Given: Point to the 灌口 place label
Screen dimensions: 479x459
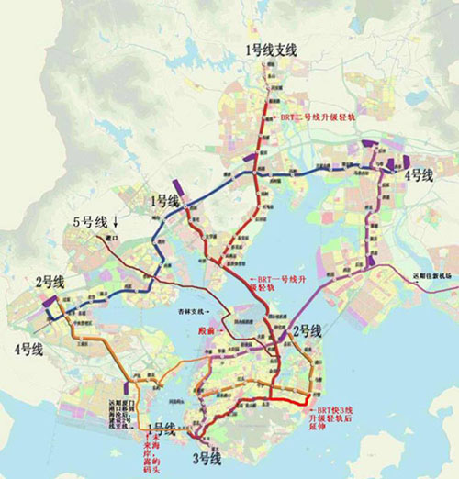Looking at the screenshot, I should (x=114, y=239).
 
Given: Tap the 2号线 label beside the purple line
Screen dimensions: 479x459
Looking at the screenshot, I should (x=307, y=330).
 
